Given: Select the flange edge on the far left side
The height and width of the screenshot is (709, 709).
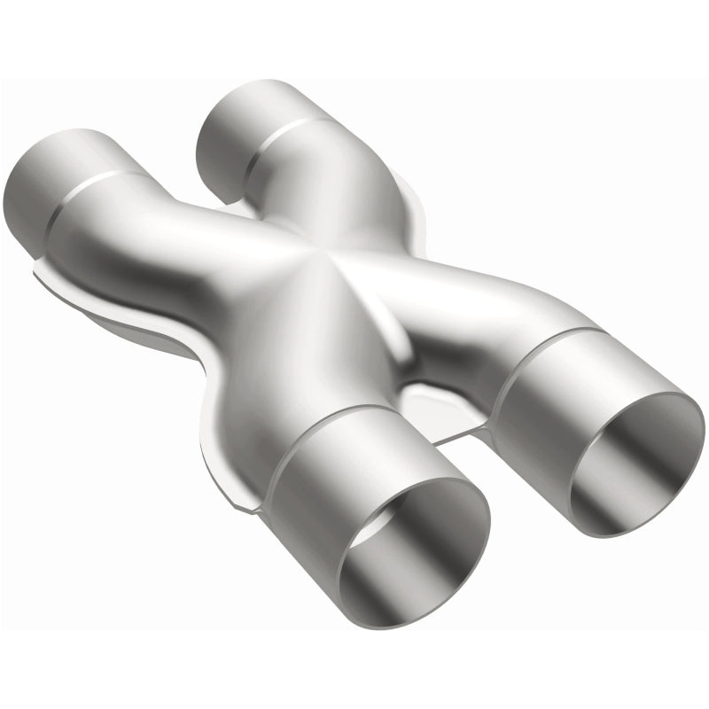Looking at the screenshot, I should pos(40,270).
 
